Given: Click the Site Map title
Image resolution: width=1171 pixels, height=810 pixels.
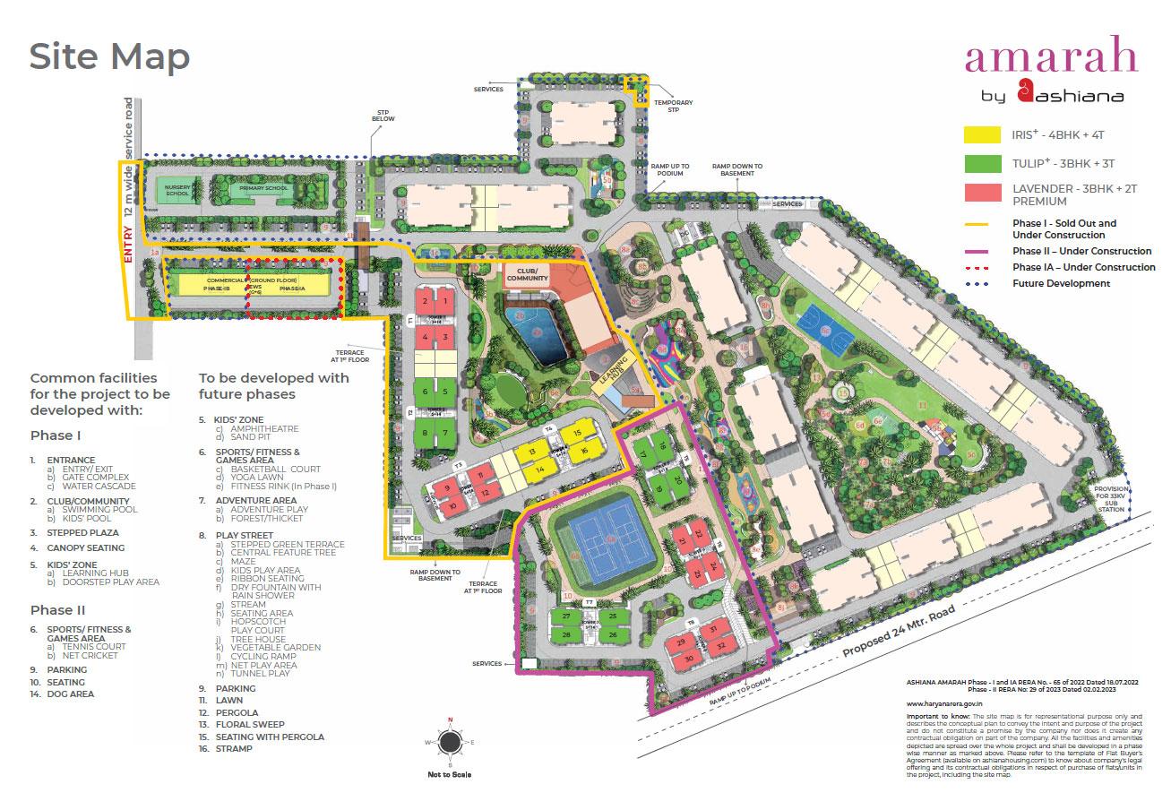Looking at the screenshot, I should (x=109, y=56).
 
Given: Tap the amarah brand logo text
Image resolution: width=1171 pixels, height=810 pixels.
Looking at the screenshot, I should (x=1050, y=56).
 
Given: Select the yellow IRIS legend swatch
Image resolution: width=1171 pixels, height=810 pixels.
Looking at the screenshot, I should (x=981, y=135).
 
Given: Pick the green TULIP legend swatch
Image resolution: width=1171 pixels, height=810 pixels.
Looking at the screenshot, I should (x=981, y=163).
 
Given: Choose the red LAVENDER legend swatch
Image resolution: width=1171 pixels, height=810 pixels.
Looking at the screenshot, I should (x=981, y=194).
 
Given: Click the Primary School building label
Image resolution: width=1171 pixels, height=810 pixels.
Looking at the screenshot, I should (x=254, y=190).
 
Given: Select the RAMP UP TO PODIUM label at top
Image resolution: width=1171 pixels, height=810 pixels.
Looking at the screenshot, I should (x=670, y=169).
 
